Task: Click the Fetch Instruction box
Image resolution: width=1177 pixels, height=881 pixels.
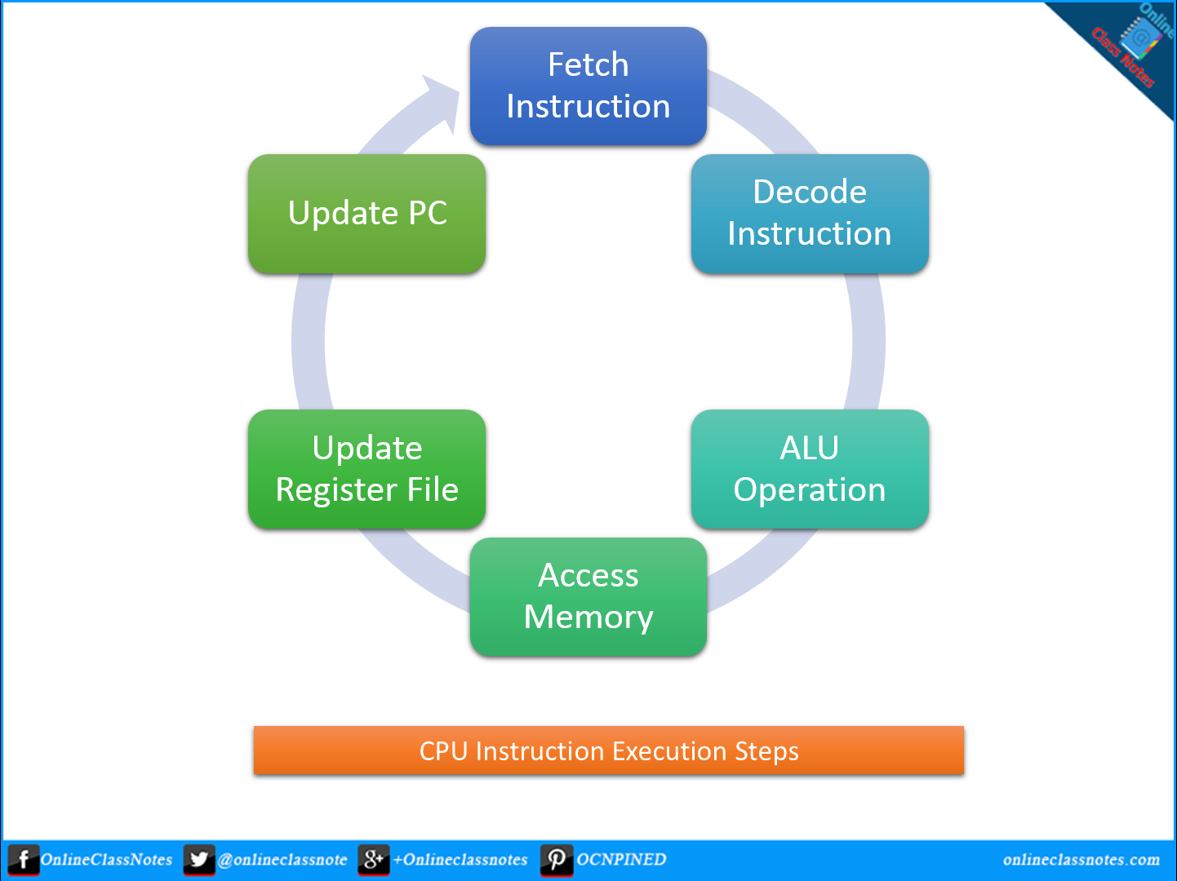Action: click(588, 86)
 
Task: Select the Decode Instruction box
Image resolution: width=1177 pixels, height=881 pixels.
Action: click(809, 213)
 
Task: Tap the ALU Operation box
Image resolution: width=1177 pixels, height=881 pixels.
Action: click(809, 468)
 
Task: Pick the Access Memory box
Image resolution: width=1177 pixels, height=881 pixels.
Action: click(588, 596)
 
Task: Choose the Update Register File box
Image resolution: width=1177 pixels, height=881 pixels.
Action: click(366, 468)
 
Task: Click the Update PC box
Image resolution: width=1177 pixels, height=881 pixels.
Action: click(366, 213)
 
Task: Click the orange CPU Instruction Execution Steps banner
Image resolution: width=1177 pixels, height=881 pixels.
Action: click(608, 750)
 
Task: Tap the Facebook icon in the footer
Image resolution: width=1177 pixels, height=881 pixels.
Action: click(23, 860)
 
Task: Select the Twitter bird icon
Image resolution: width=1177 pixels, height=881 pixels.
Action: click(198, 860)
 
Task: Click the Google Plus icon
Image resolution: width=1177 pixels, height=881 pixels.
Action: click(373, 860)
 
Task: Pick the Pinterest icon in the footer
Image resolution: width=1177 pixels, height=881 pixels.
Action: click(556, 860)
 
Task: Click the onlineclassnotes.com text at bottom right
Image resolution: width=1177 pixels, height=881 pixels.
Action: click(1081, 860)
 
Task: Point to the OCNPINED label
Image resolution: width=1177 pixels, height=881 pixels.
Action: click(621, 860)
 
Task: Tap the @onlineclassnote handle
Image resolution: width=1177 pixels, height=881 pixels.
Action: click(282, 860)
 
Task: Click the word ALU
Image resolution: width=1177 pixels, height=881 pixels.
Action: click(809, 448)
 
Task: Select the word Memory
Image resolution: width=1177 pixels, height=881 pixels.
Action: click(588, 618)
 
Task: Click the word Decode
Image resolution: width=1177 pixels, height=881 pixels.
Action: click(809, 193)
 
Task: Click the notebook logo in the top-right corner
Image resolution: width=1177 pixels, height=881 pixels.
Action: click(1139, 37)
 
